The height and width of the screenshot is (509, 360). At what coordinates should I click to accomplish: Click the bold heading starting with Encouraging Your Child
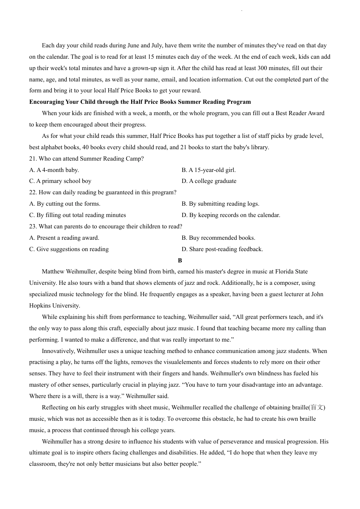point(140,102)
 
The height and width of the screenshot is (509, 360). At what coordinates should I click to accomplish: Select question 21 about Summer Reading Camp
point(86,159)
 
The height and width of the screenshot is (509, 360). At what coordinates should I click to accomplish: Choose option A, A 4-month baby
point(54,170)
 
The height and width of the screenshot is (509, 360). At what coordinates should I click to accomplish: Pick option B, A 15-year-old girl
point(208,170)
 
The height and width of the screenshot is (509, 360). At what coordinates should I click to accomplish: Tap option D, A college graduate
point(209,181)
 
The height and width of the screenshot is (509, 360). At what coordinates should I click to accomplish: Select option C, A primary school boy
point(60,181)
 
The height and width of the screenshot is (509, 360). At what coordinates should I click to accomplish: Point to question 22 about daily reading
point(103,192)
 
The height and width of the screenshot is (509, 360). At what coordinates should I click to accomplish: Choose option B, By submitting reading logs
point(220,204)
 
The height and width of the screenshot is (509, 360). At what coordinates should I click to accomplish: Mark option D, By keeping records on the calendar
point(231,215)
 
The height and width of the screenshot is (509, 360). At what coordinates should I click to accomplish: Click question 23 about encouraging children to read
point(106,226)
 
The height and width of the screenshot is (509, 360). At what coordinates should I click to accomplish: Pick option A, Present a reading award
point(64,238)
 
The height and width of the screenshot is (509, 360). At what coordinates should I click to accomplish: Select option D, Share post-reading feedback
point(222,249)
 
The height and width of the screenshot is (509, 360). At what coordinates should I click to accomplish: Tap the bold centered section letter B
point(180,261)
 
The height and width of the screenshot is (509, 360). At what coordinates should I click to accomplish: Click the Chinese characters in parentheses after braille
point(317,408)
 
